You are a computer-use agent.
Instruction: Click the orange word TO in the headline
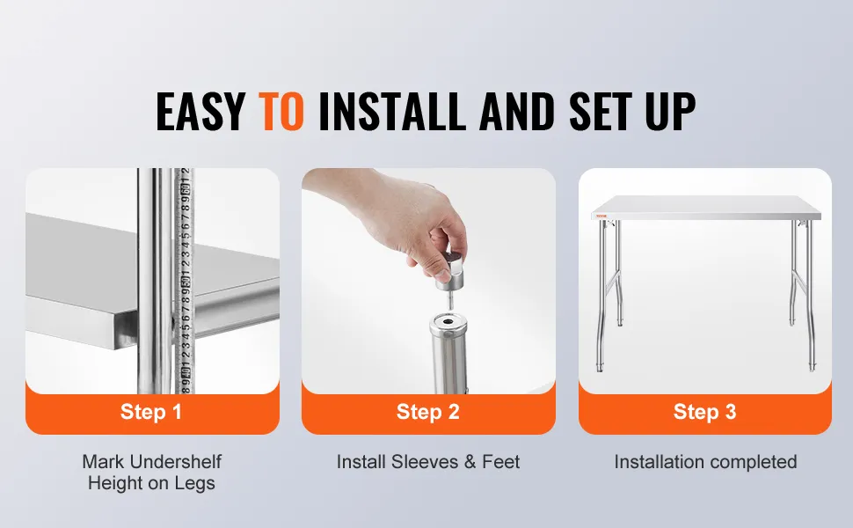[x=281, y=111]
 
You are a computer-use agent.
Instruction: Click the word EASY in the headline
[x=200, y=111]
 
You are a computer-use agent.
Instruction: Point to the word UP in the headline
[x=671, y=111]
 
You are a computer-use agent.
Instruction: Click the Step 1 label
[x=150, y=412]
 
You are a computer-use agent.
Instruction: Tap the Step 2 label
[x=428, y=412]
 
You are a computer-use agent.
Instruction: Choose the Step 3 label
[x=705, y=412]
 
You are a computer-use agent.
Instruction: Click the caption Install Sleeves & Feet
[x=428, y=462]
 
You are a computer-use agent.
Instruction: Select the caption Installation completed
[x=705, y=462]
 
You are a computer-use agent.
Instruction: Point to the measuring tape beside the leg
[x=184, y=281]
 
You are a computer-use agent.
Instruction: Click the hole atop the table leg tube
[x=449, y=323]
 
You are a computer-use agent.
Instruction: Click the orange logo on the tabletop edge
[x=601, y=216]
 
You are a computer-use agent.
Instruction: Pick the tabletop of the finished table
[x=705, y=208]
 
